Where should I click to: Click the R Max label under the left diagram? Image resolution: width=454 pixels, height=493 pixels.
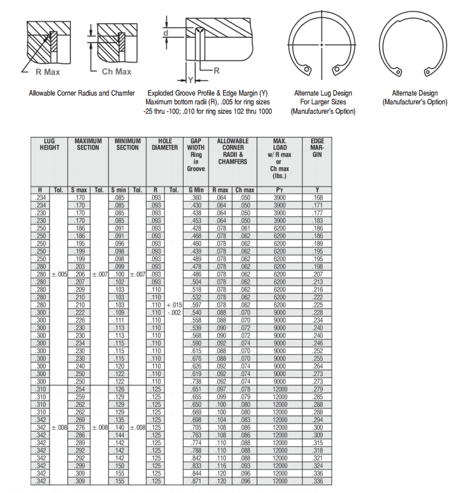(47, 72)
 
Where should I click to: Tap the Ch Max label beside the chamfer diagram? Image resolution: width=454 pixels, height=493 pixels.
(117, 72)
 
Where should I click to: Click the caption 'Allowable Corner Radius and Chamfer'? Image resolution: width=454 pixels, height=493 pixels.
(82, 93)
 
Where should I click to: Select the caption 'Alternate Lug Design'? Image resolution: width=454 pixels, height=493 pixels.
(323, 93)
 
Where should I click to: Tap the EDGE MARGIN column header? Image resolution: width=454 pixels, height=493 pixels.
(317, 148)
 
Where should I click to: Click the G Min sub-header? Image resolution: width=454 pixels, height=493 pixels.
(196, 190)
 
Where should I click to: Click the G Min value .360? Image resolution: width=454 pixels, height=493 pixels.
(196, 197)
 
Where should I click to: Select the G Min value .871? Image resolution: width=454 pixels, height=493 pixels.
(196, 482)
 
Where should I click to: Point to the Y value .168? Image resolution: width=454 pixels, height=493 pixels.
(317, 197)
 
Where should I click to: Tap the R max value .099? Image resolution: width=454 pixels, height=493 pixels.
(220, 397)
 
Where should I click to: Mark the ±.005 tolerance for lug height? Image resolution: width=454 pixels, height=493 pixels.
(59, 274)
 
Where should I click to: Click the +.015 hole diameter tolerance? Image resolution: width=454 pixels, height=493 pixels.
(174, 304)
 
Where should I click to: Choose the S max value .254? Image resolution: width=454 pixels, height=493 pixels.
(79, 389)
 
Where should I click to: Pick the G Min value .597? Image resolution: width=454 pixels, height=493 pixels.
(196, 304)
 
